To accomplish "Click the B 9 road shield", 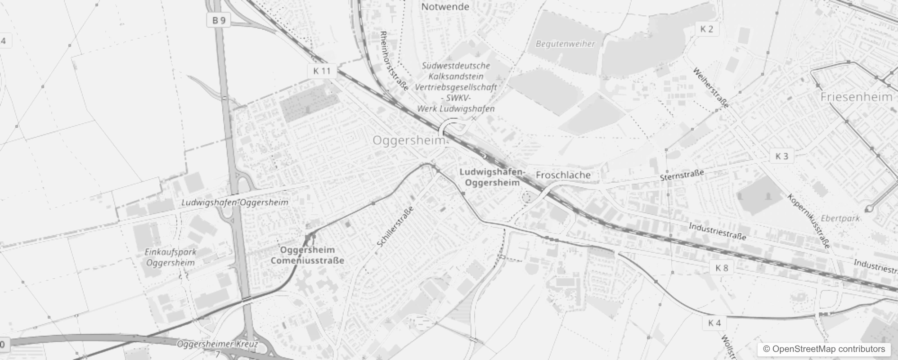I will click(x=219, y=20).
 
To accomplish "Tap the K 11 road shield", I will click(x=322, y=71).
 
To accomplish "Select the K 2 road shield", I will click(x=707, y=29).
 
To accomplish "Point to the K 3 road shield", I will click(x=782, y=156).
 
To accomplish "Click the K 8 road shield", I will click(x=722, y=268).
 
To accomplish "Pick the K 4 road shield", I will click(x=714, y=323).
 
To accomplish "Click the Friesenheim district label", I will click(x=856, y=97).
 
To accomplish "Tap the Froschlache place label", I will click(x=563, y=175).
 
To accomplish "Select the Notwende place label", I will click(x=445, y=7).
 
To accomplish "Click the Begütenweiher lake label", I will click(x=565, y=44).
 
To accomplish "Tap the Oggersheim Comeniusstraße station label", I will click(x=307, y=255).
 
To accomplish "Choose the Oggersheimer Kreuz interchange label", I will click(x=218, y=345).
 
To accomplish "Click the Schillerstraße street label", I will click(x=395, y=227).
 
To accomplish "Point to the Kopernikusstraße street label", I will click(x=808, y=221).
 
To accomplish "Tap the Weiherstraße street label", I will click(x=710, y=88).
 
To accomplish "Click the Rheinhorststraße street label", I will click(x=394, y=61).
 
